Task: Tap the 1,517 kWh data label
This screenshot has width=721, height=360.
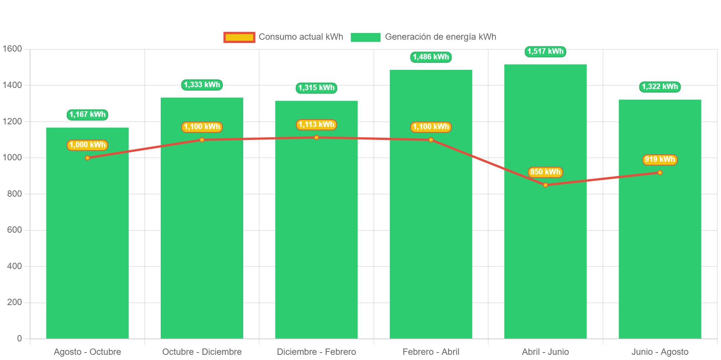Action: (x=545, y=51)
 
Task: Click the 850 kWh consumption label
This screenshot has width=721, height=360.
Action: (x=545, y=172)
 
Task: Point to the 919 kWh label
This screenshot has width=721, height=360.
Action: (x=660, y=160)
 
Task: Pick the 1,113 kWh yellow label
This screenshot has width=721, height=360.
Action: (x=316, y=124)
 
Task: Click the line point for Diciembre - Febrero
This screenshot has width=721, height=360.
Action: (x=316, y=138)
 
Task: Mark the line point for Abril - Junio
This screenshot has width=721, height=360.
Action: (x=545, y=185)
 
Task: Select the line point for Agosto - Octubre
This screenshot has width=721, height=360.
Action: (x=87, y=158)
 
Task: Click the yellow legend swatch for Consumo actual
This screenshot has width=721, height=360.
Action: (x=239, y=37)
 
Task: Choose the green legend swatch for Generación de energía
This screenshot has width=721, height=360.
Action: (x=365, y=37)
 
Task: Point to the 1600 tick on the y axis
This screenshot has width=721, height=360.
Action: (x=12, y=49)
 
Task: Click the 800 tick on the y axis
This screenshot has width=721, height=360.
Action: (x=14, y=194)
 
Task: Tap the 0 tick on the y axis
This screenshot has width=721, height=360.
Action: (x=19, y=338)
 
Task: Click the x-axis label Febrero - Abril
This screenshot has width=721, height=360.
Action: (x=431, y=352)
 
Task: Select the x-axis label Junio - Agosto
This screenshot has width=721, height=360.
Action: (x=660, y=352)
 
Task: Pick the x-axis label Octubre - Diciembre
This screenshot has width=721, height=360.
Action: (x=202, y=352)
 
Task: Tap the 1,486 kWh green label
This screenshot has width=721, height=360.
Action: (x=431, y=57)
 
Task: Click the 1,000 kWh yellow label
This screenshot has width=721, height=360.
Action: (x=87, y=145)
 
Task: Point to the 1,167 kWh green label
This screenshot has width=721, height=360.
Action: (x=87, y=114)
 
